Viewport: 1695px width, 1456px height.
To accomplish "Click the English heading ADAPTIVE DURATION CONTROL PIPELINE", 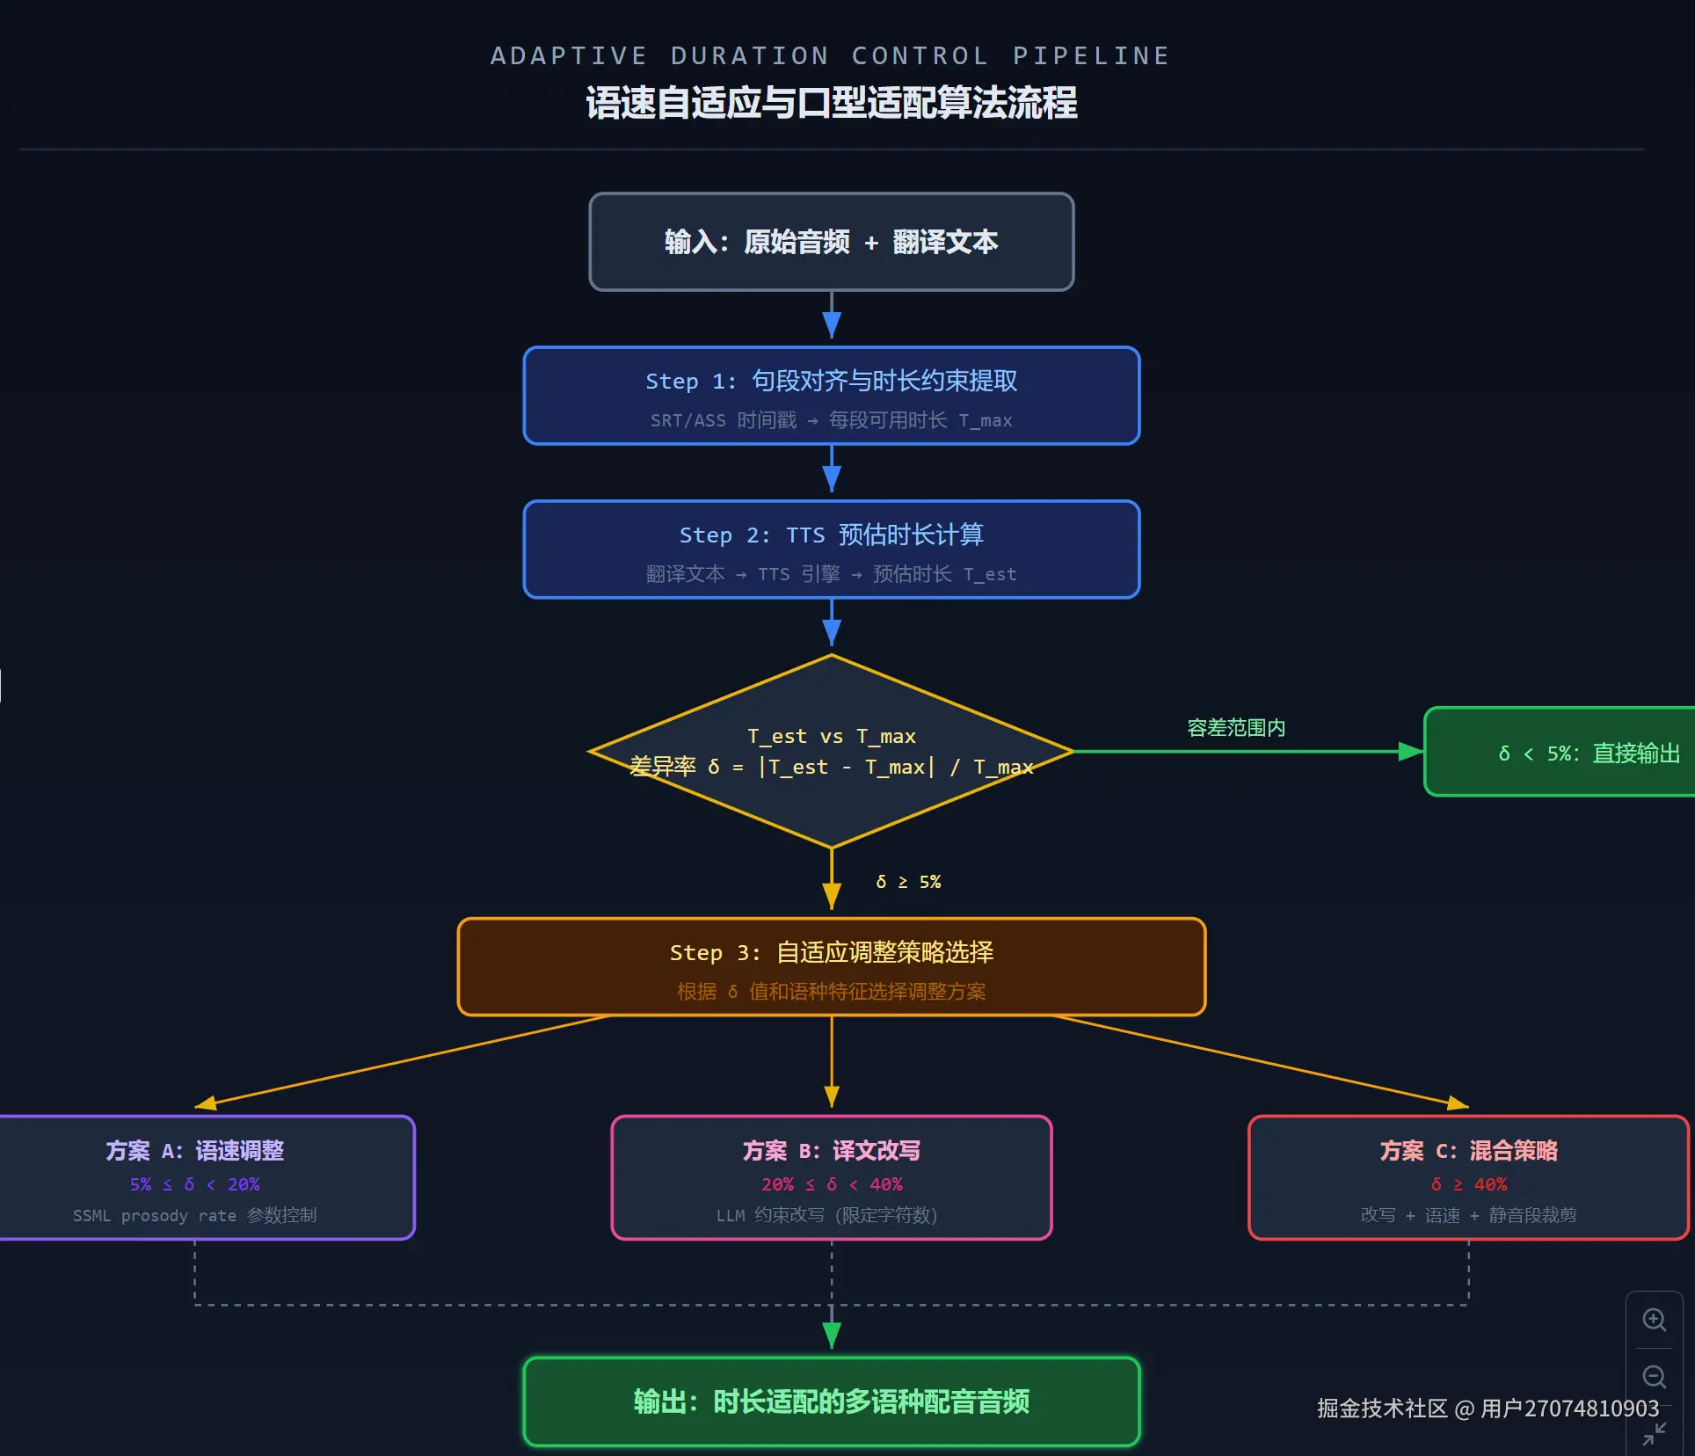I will click(830, 56).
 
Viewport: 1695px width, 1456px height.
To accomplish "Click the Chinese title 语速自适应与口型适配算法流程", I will click(832, 103).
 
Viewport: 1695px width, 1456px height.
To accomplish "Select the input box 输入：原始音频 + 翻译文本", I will click(831, 242).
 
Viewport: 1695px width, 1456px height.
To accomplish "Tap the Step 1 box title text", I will click(831, 381).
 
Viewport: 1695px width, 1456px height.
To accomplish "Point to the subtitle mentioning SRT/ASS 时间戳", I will click(831, 420).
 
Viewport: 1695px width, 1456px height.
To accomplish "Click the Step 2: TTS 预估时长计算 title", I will click(831, 535).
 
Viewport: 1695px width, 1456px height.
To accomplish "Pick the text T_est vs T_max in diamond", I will click(831, 736).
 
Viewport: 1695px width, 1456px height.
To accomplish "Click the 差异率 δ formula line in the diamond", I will click(831, 767).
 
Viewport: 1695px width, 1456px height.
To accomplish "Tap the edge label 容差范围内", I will click(1236, 728).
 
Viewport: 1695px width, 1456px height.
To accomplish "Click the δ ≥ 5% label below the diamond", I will click(908, 882).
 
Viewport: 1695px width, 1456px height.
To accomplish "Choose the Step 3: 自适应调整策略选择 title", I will click(831, 952).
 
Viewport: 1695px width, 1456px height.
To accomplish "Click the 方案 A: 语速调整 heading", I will click(194, 1151).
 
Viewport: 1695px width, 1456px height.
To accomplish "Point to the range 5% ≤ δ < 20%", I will click(194, 1184).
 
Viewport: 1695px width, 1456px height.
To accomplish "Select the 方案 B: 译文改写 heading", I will click(831, 1151).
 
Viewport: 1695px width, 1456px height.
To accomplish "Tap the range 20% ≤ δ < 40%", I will click(831, 1184).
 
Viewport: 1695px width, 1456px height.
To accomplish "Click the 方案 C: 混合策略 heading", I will click(1468, 1151).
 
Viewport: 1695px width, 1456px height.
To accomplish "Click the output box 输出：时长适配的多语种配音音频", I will click(831, 1401).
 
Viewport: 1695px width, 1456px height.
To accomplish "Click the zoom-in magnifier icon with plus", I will click(1655, 1320).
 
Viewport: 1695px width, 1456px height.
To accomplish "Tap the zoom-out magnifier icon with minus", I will click(1655, 1377).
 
